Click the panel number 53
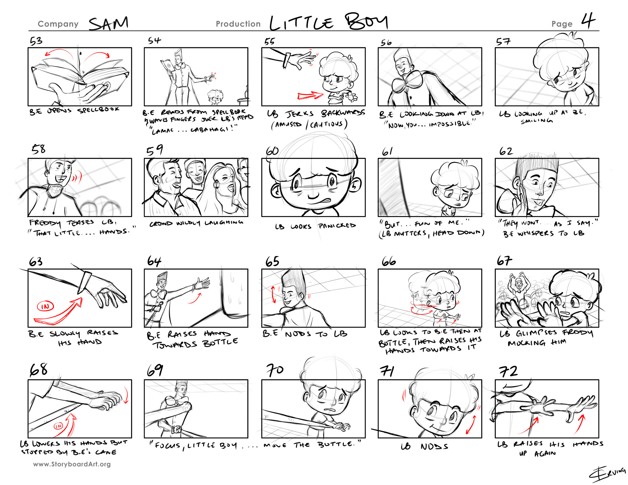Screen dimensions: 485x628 click(36, 41)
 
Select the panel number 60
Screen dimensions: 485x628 click(272, 151)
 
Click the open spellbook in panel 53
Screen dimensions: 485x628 click(80, 75)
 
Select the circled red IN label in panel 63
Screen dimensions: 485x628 click(45, 306)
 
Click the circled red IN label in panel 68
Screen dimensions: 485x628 click(58, 426)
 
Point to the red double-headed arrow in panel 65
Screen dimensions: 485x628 click(273, 295)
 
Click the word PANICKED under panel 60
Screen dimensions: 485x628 click(337, 226)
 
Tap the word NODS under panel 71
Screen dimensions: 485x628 click(434, 446)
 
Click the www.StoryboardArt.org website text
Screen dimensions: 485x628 click(72, 464)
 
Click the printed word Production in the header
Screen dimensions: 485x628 click(238, 24)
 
